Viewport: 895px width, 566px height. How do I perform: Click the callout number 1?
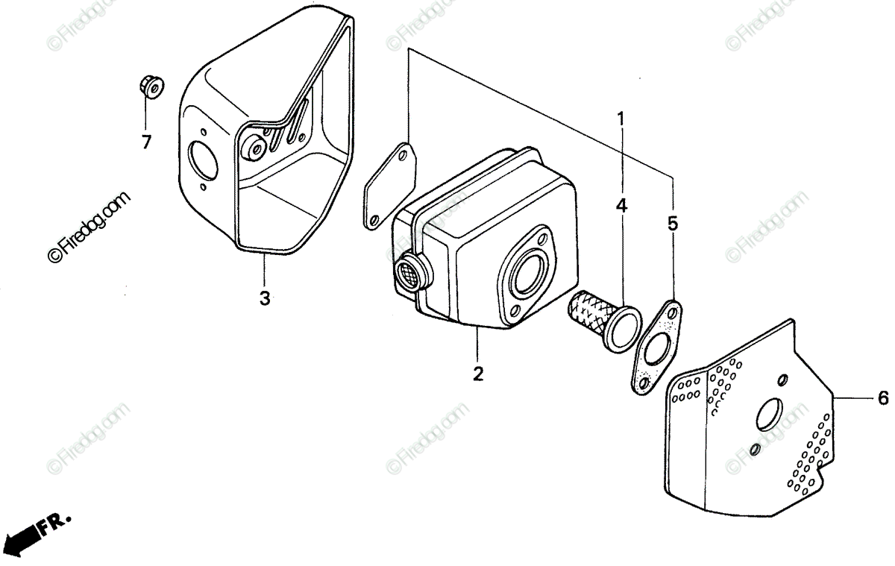(621, 118)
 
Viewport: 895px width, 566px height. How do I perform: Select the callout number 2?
(478, 373)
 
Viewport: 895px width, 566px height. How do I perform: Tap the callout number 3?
(265, 298)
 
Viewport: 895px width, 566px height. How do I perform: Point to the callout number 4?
(621, 206)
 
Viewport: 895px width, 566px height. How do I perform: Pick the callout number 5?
(673, 222)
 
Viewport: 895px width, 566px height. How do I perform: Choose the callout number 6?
(882, 400)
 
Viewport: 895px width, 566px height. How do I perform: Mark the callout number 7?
(146, 141)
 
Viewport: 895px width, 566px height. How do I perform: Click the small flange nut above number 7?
(149, 87)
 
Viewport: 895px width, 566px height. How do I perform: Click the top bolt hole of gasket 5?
(673, 308)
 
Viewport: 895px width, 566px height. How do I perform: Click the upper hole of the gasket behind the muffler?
(403, 154)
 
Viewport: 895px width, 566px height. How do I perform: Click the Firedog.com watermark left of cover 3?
(89, 226)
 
